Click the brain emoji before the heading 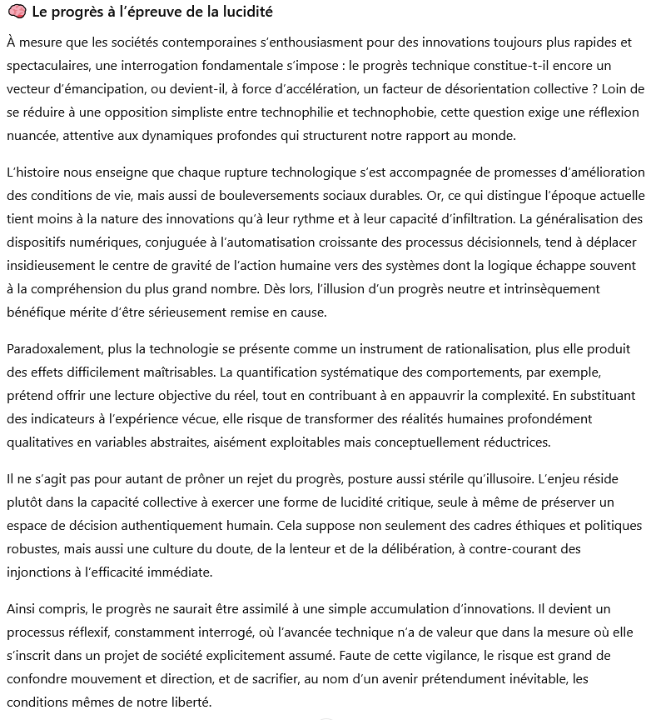pyautogui.click(x=15, y=13)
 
